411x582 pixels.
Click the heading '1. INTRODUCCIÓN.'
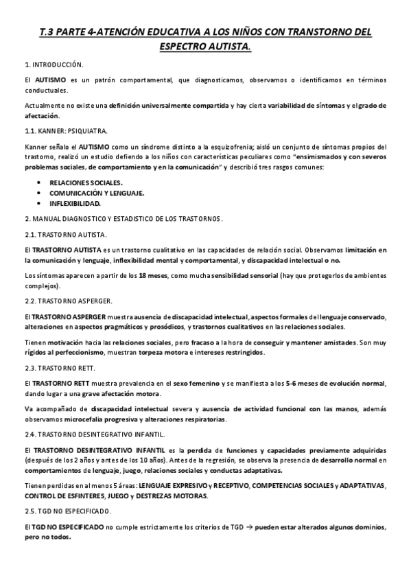54,65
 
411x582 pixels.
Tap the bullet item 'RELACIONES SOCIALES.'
86,183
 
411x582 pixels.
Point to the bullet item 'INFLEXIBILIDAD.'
75,203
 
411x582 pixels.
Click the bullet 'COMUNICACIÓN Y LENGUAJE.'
96,193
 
